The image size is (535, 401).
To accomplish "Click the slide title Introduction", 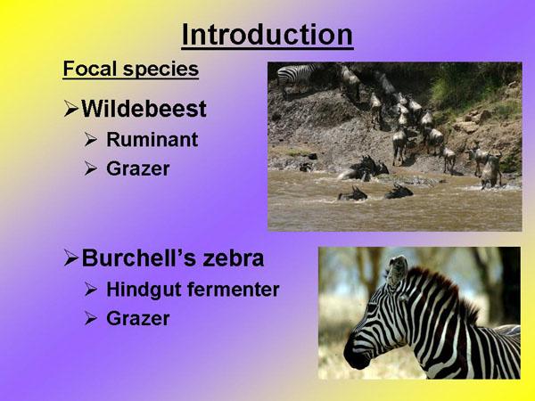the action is [267, 35].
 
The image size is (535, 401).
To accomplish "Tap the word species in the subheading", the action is [160, 70].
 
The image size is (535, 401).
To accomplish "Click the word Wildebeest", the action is [144, 109].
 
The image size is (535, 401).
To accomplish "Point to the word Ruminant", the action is [152, 139].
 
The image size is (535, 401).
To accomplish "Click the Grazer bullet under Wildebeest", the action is [138, 168].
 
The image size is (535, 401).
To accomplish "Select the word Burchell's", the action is [139, 258].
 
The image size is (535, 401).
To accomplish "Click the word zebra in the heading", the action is [234, 258].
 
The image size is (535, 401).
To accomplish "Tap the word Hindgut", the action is [144, 290].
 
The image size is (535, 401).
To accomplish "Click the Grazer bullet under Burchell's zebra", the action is [138, 318].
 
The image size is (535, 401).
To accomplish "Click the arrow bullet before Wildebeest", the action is [71, 110].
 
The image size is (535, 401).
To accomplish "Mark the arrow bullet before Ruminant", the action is [91, 140].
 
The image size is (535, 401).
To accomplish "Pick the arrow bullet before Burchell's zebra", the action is [71, 258].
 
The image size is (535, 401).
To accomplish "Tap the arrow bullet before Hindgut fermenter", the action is [91, 289].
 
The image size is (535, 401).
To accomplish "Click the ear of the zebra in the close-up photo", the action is [397, 271].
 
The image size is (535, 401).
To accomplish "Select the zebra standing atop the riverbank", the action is [295, 76].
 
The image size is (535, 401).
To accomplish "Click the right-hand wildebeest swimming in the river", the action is [399, 192].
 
